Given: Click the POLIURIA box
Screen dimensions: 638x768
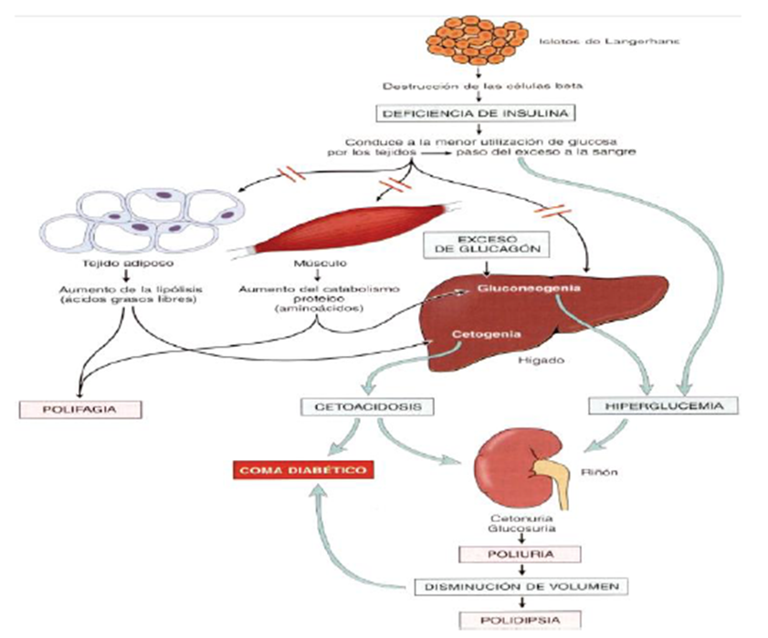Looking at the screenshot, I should [x=519, y=553].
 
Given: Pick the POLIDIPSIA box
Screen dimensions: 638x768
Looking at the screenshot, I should [x=519, y=621].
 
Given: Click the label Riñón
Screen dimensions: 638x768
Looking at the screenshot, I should [x=594, y=473].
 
